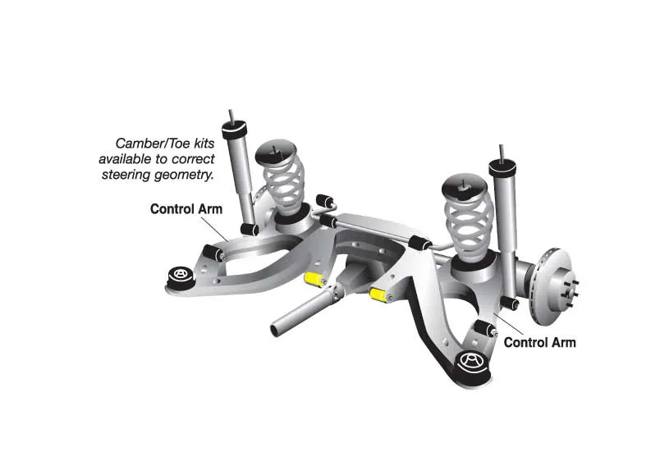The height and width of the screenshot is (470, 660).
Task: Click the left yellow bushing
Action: point(313,279)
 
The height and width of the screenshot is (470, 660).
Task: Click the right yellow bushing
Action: point(378,294)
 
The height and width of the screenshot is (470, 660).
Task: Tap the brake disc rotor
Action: point(552,286)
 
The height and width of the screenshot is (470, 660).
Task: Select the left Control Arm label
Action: point(186,209)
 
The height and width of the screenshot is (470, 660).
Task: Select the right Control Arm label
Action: point(539,343)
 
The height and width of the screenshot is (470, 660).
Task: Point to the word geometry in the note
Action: point(184,174)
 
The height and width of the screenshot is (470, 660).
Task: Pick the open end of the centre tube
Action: point(277,328)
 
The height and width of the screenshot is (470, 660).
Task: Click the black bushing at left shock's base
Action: point(250,230)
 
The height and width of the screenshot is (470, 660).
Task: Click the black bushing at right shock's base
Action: point(509,302)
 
